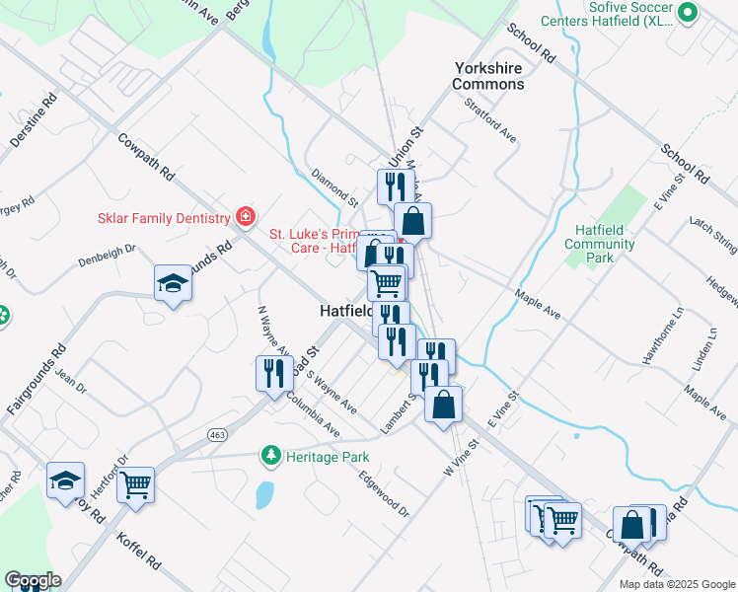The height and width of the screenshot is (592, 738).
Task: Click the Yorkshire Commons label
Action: coord(488,76)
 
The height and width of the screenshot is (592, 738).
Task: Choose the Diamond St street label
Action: coord(335,187)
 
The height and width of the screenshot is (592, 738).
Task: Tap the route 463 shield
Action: coord(218,434)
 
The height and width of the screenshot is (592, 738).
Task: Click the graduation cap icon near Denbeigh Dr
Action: coord(173,284)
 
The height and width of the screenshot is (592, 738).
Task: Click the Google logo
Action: coord(33,580)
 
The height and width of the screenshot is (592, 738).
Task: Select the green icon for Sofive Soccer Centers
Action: coord(689,13)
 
